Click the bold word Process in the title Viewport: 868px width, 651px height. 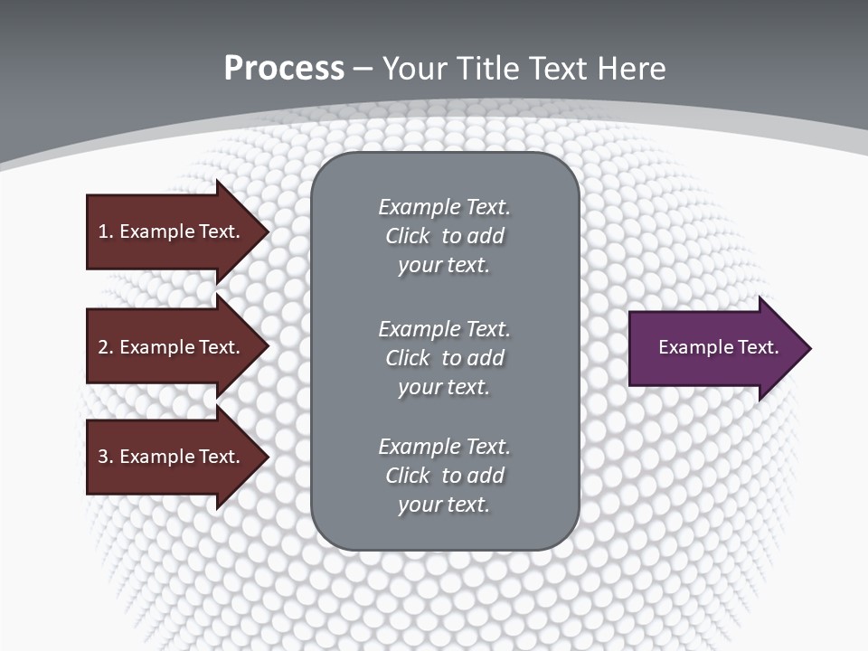coord(284,69)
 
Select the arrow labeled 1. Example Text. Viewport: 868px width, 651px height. coord(172,231)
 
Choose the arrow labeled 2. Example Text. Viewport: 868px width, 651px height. coord(172,347)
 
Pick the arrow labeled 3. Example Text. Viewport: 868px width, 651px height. coord(172,457)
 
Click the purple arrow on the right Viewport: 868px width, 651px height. coord(714,348)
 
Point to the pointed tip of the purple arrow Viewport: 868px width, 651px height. coord(809,348)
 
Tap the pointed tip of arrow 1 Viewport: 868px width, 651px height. coord(267,231)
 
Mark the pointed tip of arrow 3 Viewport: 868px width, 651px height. coord(267,457)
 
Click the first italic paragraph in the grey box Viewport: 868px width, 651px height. coord(444,236)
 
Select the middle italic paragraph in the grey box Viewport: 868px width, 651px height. coord(444,357)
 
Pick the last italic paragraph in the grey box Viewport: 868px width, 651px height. coord(444,476)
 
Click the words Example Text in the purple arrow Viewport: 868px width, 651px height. coord(719,347)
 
